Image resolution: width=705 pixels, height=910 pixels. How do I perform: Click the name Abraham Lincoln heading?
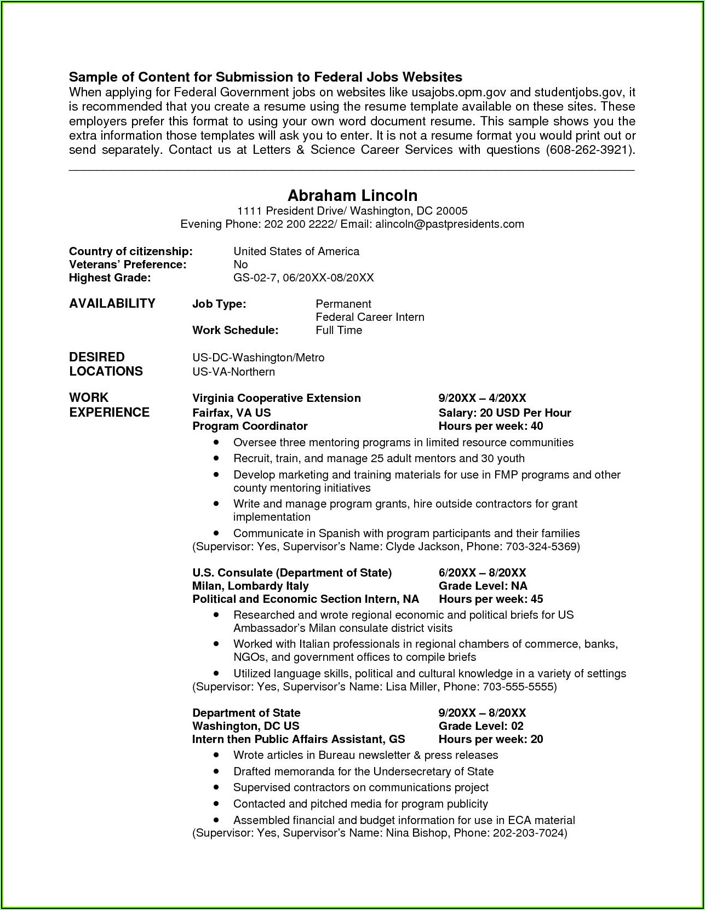tap(352, 195)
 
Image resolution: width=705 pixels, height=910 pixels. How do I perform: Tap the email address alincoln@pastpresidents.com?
tap(449, 224)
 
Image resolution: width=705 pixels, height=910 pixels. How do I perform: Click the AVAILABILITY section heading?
tap(112, 303)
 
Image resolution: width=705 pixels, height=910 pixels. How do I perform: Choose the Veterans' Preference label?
tap(128, 264)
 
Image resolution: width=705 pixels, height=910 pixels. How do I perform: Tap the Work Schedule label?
tap(235, 330)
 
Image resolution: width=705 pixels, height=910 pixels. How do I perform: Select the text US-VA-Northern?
tap(233, 372)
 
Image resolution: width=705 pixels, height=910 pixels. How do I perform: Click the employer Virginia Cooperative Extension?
tap(276, 398)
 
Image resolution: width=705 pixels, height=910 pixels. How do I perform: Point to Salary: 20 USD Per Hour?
tap(505, 413)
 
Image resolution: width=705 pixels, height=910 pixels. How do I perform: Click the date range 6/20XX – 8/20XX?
tap(482, 573)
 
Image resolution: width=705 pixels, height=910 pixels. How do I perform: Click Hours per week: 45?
tap(491, 599)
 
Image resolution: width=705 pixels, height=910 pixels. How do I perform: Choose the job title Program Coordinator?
tap(250, 426)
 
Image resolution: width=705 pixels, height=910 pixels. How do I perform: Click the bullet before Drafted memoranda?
tap(217, 771)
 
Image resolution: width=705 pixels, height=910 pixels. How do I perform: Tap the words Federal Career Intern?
tap(370, 317)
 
